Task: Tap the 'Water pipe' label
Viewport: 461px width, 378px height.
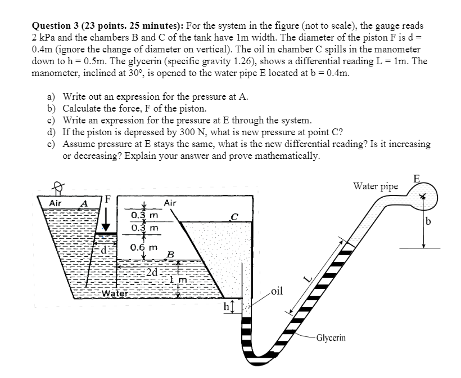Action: coord(375,186)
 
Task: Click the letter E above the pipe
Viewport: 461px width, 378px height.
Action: coord(416,179)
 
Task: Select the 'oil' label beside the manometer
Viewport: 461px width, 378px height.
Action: coord(276,291)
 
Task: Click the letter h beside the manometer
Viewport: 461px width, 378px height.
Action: coord(227,307)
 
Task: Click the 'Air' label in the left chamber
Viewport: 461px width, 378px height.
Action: coord(56,203)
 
